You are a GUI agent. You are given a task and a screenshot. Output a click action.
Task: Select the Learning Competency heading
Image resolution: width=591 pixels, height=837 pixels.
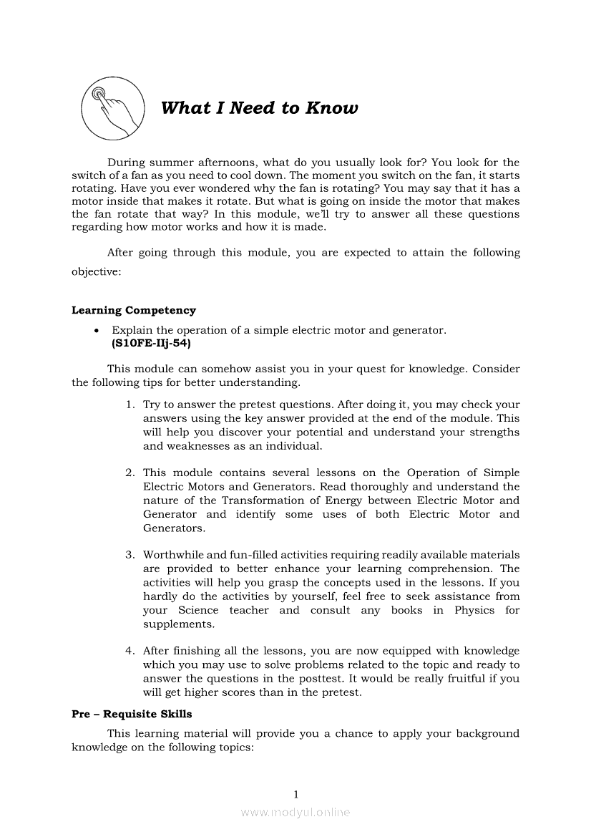[x=134, y=310]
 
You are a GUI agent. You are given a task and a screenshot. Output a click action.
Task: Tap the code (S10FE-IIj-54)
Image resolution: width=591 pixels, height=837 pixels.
[x=151, y=343]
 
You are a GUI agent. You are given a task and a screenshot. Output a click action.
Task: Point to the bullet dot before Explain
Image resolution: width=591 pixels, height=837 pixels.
[x=96, y=331]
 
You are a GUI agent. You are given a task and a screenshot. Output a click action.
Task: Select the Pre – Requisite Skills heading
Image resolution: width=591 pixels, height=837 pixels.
[x=132, y=714]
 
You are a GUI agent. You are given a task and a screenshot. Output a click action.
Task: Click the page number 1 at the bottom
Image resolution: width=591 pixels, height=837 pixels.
[x=295, y=793]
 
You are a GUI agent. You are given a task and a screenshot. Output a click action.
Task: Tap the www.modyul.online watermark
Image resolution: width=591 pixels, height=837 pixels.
[x=295, y=812]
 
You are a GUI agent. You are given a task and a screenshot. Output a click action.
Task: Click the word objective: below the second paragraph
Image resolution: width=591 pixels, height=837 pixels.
[x=97, y=273]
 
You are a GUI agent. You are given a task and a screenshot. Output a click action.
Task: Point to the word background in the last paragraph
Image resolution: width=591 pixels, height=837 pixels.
[x=487, y=733]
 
